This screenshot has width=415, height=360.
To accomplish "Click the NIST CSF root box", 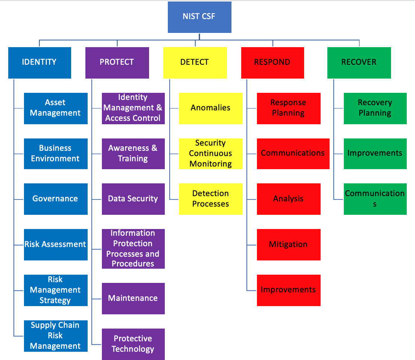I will [x=199, y=17].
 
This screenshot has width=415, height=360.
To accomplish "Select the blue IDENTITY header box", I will [x=39, y=62].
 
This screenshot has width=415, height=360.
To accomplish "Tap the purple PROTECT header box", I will [x=117, y=62].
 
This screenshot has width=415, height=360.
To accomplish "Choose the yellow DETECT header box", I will [x=195, y=62].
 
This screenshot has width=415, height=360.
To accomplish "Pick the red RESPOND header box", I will [x=272, y=62].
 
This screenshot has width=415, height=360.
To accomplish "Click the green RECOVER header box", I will [x=359, y=62].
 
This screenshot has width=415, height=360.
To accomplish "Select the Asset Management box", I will [x=55, y=108].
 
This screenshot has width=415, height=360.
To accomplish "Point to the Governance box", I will [x=55, y=199].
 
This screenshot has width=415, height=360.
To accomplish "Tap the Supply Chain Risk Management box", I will [x=55, y=336].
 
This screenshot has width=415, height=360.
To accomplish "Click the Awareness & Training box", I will [x=133, y=153].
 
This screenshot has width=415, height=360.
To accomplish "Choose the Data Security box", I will [x=133, y=199].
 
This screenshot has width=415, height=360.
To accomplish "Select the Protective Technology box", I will [x=133, y=344].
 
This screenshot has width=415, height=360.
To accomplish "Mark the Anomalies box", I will [x=210, y=108].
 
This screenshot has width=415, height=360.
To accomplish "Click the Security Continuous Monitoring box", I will [x=210, y=153].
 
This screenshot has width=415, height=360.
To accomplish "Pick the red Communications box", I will [x=293, y=153].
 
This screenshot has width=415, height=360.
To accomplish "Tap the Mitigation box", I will [x=288, y=244].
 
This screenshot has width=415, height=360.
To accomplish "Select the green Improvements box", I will [x=375, y=153].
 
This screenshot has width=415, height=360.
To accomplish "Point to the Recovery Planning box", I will [x=375, y=108].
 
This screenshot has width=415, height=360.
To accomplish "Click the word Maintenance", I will [x=133, y=298].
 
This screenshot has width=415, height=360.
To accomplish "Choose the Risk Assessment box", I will [x=55, y=244].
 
